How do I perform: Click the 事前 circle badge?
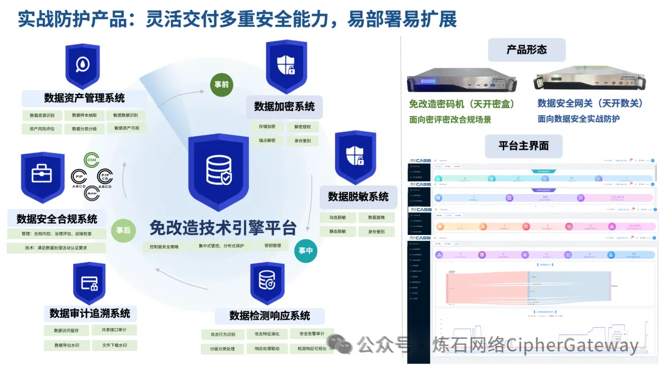click(x=221, y=84)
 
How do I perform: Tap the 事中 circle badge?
click(x=306, y=250)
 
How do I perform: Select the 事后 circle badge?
click(x=123, y=230)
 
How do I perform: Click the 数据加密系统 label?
click(x=284, y=107)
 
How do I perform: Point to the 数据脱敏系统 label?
click(x=358, y=196)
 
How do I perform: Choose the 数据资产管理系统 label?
click(x=84, y=98)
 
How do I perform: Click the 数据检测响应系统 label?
click(x=270, y=315)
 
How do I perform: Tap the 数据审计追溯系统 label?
click(x=90, y=314)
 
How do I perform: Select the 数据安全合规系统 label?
click(x=57, y=219)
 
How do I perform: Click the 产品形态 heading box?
click(x=527, y=50)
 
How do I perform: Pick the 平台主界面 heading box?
click(x=523, y=146)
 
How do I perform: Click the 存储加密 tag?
click(x=263, y=127)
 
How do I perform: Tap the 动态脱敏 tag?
click(x=337, y=217)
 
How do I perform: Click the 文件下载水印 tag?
click(x=115, y=345)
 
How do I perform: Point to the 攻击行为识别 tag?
click(x=222, y=334)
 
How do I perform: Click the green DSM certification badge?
click(x=92, y=160)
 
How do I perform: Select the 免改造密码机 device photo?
click(x=462, y=80)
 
